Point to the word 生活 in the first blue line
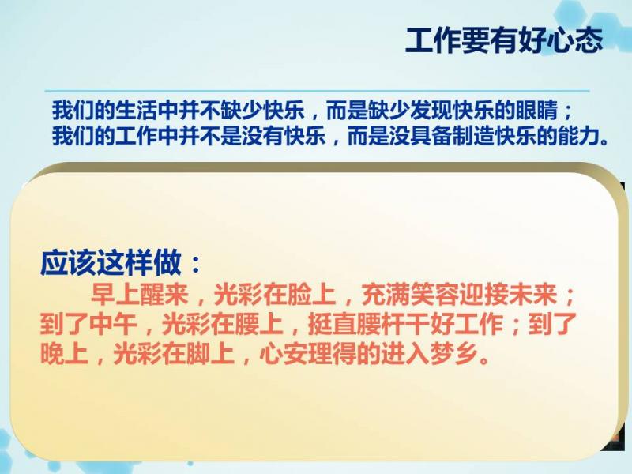136,110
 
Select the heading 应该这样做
111,263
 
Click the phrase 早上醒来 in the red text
140,295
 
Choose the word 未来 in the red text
532,295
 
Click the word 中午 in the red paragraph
113,325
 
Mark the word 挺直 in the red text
332,325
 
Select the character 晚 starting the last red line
52,354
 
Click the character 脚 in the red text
198,354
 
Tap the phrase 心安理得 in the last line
308,354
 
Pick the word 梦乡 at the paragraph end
454,354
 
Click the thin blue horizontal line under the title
317,91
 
